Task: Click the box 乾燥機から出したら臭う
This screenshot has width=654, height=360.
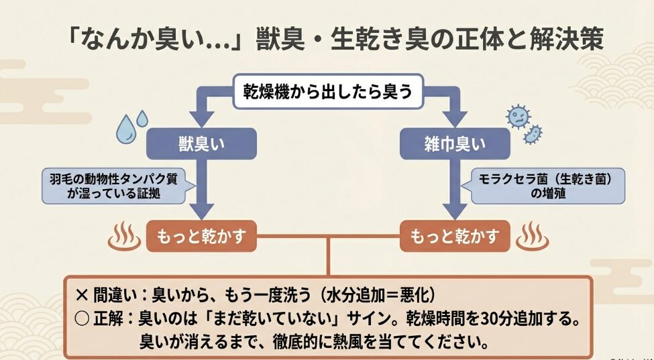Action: coord(328,91)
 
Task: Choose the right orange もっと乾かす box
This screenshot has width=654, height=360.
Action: coord(452,237)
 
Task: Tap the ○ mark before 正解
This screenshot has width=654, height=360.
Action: coord(82,317)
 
